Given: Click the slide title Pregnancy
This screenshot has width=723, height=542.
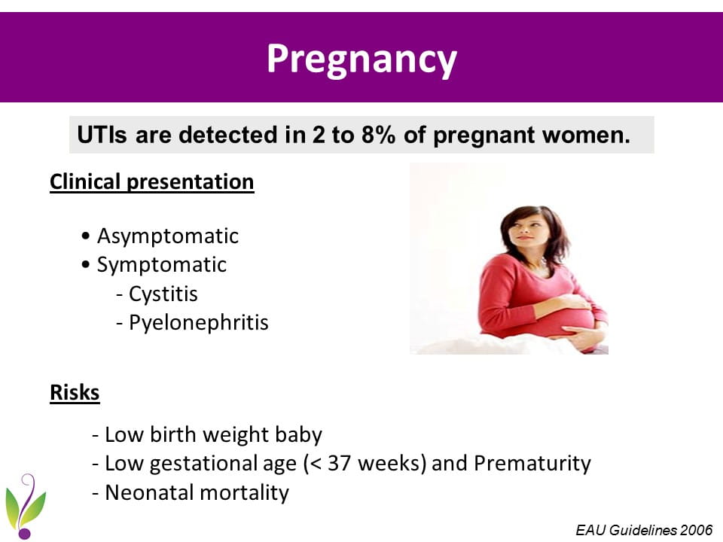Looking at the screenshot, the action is tap(362, 59).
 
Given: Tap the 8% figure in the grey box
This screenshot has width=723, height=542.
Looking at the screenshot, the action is tap(377, 135).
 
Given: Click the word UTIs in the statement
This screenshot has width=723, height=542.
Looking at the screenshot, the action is tap(102, 135).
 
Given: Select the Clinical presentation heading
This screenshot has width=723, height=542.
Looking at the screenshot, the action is tap(151, 181).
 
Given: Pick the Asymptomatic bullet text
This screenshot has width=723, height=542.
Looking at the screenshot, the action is tap(168, 236).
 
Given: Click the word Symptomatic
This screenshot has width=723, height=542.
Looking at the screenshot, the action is tap(161, 265).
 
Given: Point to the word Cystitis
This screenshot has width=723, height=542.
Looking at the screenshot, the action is tap(163, 294).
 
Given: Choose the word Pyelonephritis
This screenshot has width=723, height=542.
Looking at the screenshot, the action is tap(199, 323).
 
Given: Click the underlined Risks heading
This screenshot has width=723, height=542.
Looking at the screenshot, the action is tap(75, 393).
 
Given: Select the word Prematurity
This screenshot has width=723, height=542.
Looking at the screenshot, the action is tap(532, 464).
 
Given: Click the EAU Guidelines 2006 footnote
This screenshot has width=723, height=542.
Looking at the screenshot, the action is tap(644, 530).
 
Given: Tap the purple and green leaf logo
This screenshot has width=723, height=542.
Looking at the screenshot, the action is tap(26, 506).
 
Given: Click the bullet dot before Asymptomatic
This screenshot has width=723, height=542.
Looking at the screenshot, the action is tap(85, 236).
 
